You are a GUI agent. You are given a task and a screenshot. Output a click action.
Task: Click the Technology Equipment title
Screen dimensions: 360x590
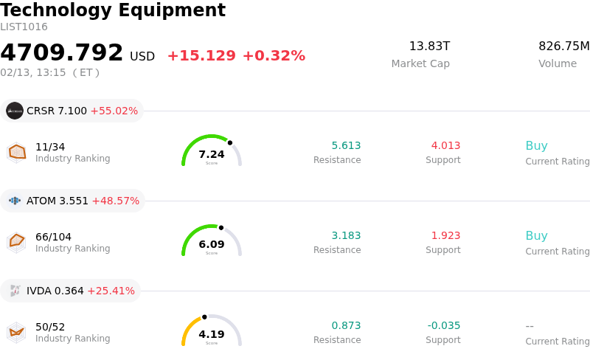tap(113, 10)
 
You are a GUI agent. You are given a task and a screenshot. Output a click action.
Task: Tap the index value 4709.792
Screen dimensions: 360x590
tap(62, 53)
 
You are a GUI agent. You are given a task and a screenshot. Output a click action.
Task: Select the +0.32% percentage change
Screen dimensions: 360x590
tap(274, 56)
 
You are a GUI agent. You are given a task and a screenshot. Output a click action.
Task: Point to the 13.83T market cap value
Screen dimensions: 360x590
tap(429, 46)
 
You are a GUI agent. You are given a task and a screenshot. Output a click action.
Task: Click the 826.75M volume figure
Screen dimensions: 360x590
tap(563, 46)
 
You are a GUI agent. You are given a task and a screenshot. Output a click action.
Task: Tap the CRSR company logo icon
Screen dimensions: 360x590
tap(15, 111)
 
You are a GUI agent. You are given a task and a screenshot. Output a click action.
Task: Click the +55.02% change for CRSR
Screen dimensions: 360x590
tap(114, 111)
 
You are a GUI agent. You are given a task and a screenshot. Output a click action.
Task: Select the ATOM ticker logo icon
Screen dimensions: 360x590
tap(15, 201)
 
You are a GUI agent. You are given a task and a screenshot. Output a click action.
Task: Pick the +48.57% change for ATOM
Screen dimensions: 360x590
tap(115, 201)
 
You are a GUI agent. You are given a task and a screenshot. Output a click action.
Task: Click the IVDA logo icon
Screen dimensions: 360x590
tap(15, 291)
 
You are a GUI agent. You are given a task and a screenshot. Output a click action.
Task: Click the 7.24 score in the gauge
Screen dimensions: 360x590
tap(212, 154)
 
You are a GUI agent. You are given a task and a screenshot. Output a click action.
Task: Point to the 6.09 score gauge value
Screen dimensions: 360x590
tap(212, 244)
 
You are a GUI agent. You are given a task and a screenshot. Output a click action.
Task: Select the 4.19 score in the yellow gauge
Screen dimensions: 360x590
tap(212, 334)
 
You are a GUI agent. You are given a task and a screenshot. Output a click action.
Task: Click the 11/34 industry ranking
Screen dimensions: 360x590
tap(50, 147)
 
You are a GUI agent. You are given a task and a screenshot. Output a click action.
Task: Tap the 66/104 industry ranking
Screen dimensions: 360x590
tap(53, 237)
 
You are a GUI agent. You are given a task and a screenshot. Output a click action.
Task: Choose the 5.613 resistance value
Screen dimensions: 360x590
tap(346, 145)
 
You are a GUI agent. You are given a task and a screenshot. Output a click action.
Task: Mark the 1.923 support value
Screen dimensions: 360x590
tap(445, 235)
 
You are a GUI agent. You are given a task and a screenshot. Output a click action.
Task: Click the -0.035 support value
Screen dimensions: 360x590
tap(444, 325)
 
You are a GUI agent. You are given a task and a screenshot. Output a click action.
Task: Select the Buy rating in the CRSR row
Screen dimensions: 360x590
tap(536, 145)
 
